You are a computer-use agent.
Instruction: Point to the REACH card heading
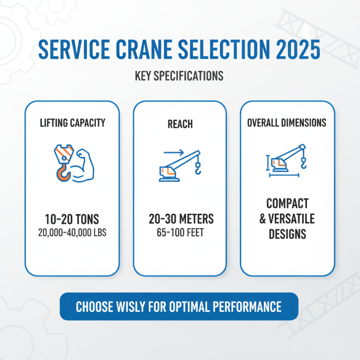tap(180, 123)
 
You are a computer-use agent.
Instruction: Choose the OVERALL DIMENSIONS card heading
tap(287, 123)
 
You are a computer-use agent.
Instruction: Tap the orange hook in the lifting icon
tap(62, 173)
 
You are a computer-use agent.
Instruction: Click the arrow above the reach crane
tap(173, 153)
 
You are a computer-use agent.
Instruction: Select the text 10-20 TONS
tap(72, 220)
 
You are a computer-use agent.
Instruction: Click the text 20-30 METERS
tap(181, 220)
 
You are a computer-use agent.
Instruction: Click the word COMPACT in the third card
tap(287, 203)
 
